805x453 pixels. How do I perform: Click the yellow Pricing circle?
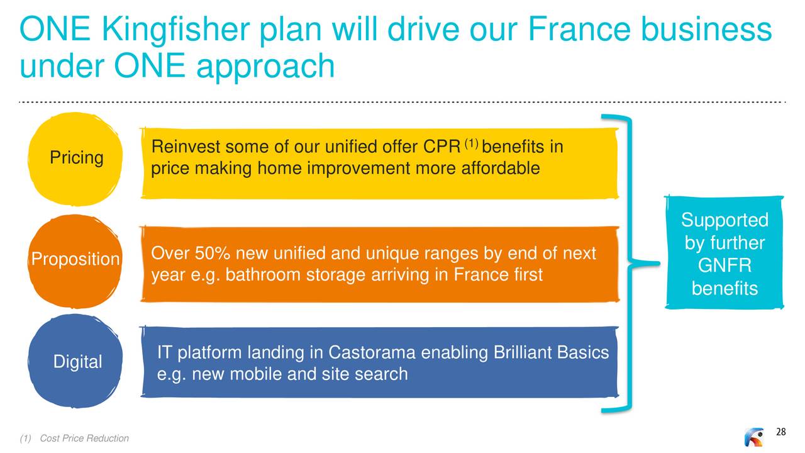75,158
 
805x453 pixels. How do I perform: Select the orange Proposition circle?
75,260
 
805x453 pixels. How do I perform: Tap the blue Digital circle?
75,362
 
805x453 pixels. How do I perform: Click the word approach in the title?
265,66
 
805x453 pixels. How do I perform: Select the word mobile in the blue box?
252,374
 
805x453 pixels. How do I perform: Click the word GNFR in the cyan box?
724,266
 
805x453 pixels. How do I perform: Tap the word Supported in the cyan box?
724,221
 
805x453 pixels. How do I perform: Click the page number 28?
780,432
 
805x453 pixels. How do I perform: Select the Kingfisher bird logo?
753,437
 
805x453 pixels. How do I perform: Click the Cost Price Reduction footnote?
84,439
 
